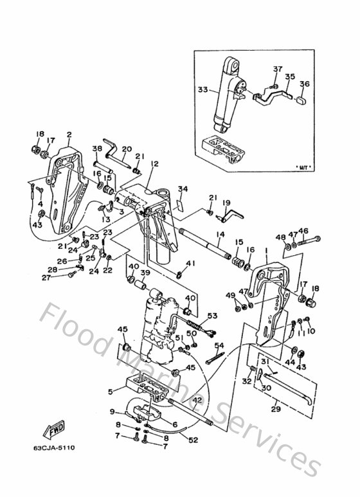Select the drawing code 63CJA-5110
[53, 448]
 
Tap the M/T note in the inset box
[301, 167]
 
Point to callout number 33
[203, 91]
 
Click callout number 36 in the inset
[304, 84]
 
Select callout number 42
[197, 400]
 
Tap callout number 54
[219, 346]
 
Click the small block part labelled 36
[301, 99]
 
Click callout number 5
[110, 390]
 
